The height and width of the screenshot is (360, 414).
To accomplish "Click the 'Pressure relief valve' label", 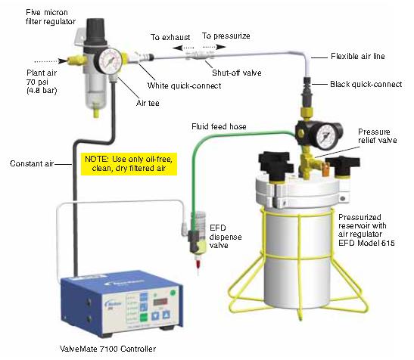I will (x=378, y=136).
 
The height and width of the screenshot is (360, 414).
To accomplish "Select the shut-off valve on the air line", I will (x=202, y=54).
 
